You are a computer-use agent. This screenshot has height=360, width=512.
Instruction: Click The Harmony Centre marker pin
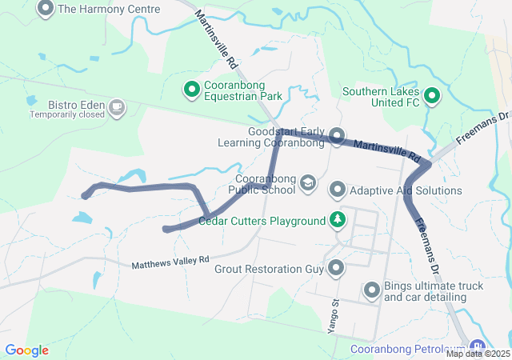pos(46,9)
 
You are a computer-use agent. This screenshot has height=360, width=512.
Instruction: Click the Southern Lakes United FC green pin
pos(433,97)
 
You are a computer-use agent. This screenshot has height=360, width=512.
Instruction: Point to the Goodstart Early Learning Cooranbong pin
pos(337,136)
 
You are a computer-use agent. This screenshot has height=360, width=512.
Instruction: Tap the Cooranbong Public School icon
pos(307,185)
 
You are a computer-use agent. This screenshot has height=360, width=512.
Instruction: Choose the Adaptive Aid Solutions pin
pos(337,190)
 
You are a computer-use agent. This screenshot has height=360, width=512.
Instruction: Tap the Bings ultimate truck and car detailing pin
pos(372,290)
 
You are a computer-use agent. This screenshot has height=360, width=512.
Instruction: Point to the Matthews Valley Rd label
pos(170,262)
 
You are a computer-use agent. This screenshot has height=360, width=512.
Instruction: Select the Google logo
pos(26,350)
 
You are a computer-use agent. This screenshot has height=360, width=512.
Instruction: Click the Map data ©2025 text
pos(478,354)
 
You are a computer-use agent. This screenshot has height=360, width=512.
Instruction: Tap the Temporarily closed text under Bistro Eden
pos(67,114)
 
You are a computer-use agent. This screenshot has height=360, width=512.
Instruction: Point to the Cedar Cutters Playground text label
pos(262,221)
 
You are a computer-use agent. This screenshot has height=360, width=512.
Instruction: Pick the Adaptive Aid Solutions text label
pos(406,190)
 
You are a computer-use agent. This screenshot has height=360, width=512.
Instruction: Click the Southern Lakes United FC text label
pos(381,97)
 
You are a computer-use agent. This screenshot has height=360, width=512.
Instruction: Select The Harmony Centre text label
pos(109,10)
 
